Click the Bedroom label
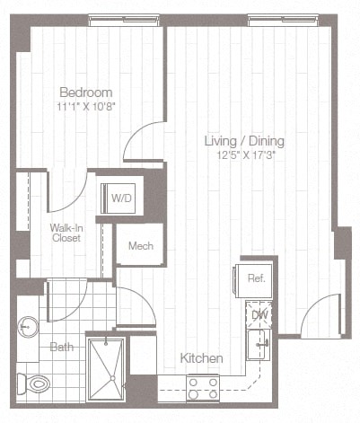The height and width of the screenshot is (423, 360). [85, 92]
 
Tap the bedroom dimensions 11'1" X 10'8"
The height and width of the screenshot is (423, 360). [85, 106]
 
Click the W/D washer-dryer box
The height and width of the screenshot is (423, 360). [120, 198]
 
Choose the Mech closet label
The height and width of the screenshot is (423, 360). [139, 246]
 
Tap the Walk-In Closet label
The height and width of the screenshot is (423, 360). [66, 234]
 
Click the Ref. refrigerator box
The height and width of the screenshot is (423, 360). [255, 278]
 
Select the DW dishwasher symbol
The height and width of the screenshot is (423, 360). [259, 314]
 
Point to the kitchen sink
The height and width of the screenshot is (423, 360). [259, 343]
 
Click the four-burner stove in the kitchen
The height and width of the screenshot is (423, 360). [202, 388]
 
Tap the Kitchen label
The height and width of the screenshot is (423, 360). [201, 358]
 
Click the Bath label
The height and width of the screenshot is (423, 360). [61, 347]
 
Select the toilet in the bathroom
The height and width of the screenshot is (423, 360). [36, 383]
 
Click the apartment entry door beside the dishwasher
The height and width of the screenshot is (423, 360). [319, 317]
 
